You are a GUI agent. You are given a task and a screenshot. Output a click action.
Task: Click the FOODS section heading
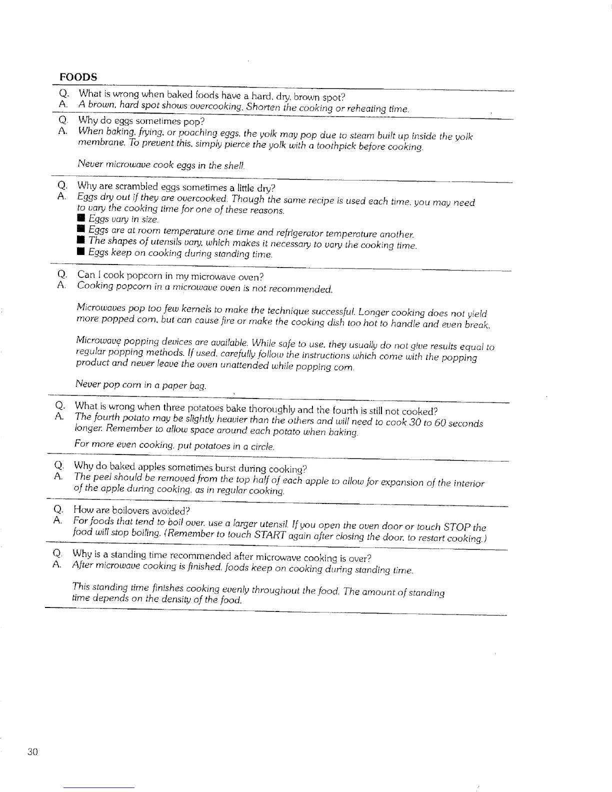pos(78,77)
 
